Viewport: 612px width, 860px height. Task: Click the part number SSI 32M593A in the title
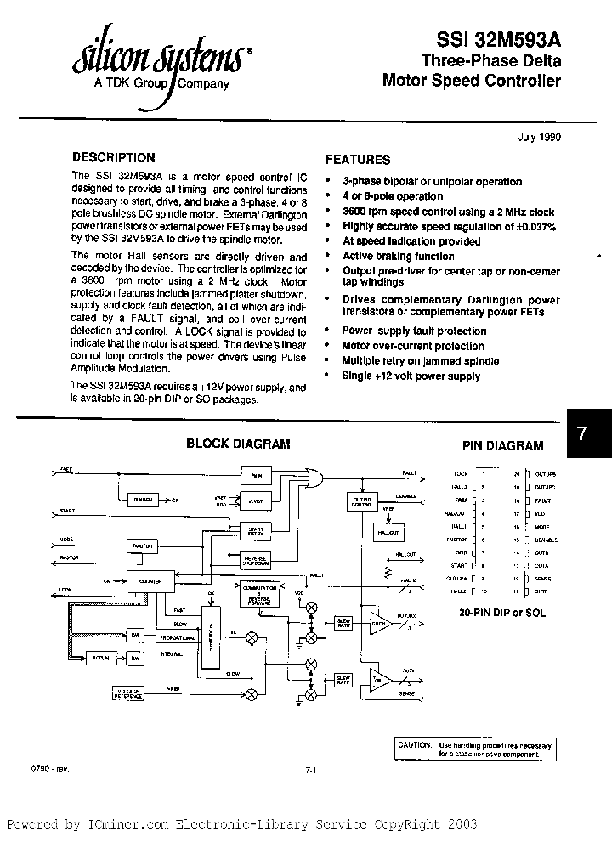[498, 39]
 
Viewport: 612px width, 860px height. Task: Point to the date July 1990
[539, 137]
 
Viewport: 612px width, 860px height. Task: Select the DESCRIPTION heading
[114, 157]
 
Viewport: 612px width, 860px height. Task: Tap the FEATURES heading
[358, 159]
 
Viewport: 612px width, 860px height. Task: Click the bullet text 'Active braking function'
[398, 256]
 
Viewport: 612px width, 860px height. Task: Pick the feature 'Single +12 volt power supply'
[411, 376]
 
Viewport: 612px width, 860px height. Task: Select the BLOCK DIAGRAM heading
[238, 444]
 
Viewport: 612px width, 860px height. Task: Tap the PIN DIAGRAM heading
[502, 445]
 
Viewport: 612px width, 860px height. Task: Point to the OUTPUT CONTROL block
[361, 501]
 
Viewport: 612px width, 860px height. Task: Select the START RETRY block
[256, 531]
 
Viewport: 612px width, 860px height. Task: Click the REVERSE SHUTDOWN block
[256, 561]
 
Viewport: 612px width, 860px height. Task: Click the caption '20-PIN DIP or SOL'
[503, 612]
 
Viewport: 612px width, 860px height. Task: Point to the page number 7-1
[310, 770]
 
